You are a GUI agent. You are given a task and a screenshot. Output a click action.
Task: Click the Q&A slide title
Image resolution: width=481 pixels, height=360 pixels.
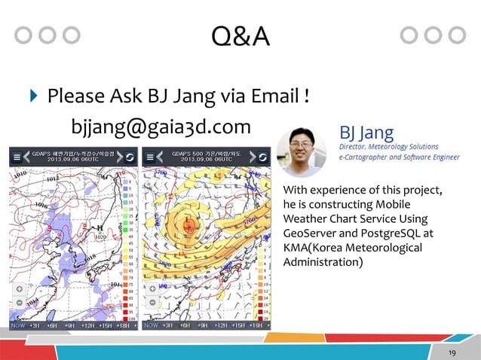click(x=240, y=35)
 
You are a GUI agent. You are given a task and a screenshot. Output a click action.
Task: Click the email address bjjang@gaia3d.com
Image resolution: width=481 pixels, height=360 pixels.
click(x=161, y=126)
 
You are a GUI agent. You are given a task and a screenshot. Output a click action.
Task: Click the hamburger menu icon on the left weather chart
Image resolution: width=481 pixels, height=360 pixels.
click(x=17, y=157)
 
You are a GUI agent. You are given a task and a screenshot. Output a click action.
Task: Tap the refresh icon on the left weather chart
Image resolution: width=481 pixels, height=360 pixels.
click(x=129, y=157)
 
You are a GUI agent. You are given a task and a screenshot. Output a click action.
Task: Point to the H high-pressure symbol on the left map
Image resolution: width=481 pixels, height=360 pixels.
click(x=98, y=228)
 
